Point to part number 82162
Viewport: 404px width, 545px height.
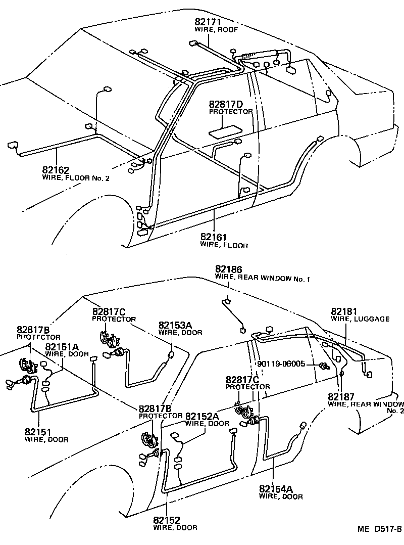56,170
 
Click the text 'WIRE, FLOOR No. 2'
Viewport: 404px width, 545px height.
76,178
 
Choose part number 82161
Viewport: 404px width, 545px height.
214,237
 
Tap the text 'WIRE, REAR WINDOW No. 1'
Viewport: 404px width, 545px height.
262,278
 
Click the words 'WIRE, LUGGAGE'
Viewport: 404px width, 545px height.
360,319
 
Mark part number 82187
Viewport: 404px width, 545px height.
341,396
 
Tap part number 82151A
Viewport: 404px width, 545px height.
62,346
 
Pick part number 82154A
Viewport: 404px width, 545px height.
276,488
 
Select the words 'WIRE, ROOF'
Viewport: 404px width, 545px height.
216,30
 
